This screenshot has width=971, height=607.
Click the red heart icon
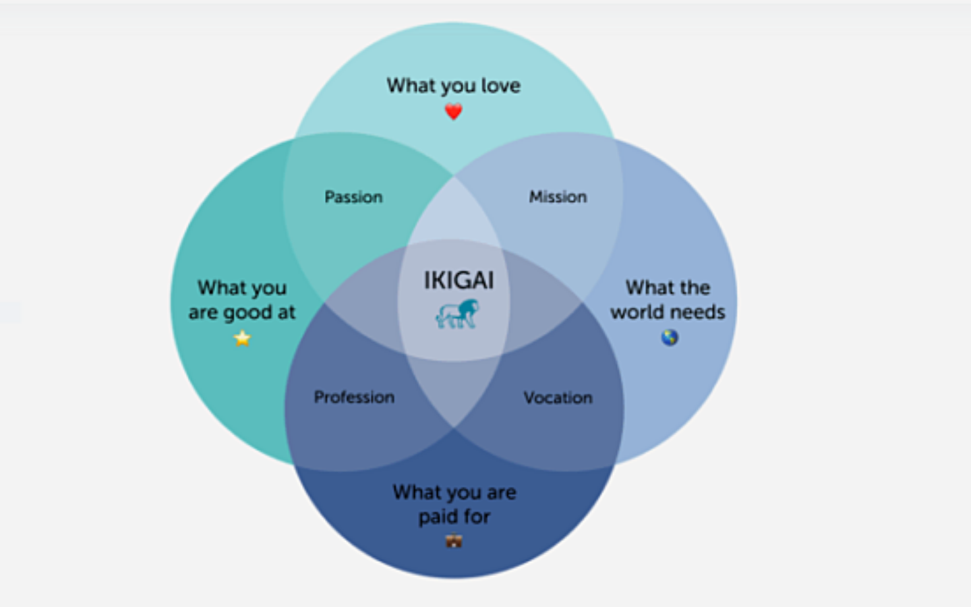(453, 111)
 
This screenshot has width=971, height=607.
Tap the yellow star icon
(242, 338)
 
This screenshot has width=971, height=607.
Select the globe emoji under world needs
(670, 337)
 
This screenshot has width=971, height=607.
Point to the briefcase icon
(454, 541)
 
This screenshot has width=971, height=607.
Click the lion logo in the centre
(457, 314)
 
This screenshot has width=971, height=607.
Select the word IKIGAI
(459, 280)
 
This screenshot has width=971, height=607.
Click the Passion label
(354, 197)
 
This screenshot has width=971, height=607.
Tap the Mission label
(558, 197)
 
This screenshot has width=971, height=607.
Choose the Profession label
(354, 397)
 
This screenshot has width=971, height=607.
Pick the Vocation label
(558, 398)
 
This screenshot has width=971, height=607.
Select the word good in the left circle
(247, 313)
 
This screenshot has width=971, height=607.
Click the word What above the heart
(411, 86)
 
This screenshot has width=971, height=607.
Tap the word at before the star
(286, 312)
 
